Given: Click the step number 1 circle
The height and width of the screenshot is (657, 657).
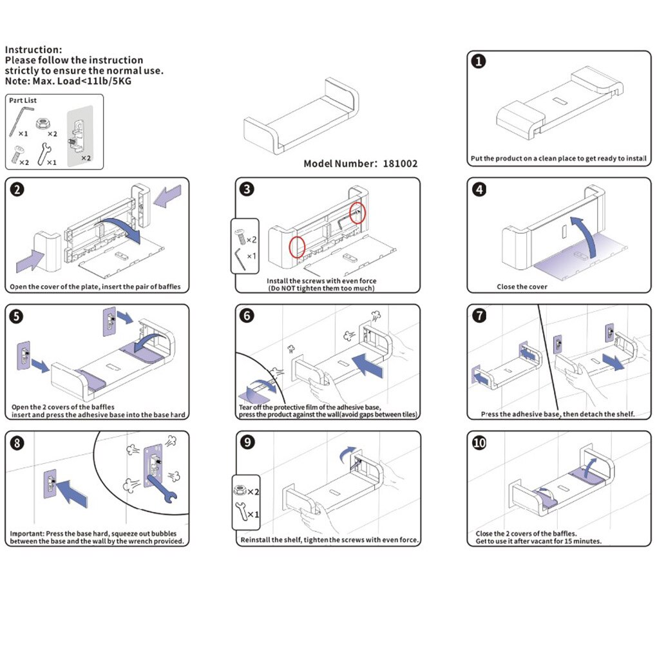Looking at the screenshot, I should tap(479, 62).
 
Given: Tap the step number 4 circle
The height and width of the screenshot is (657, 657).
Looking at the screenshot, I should tap(479, 189).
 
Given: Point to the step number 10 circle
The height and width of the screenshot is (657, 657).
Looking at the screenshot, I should tap(479, 443).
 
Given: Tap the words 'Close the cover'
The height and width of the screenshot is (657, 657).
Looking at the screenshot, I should tap(522, 287).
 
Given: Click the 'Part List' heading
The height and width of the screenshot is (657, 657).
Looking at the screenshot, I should tap(23, 100).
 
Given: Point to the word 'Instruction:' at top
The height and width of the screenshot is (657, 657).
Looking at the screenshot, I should tap(33, 50).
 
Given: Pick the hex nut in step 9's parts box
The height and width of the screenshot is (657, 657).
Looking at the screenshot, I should tap(238, 490).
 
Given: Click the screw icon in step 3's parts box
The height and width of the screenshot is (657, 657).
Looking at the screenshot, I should tap(240, 238).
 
